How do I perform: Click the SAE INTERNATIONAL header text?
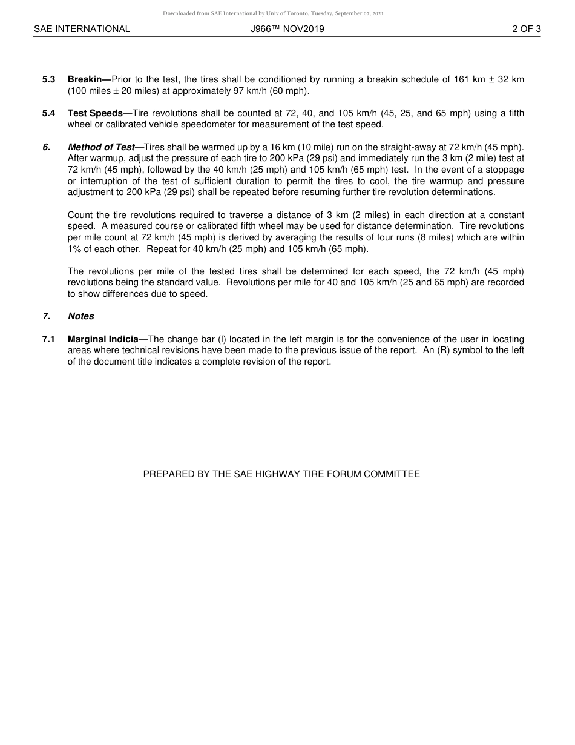point(82,29)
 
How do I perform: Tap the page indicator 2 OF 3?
point(526,29)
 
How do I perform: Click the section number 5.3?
point(49,80)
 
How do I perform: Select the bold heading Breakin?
point(88,80)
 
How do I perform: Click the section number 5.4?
point(49,114)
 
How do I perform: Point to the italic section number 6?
point(46,148)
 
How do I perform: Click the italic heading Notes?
point(81,317)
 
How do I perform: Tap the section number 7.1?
point(49,340)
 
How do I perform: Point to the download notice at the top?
point(273,13)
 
